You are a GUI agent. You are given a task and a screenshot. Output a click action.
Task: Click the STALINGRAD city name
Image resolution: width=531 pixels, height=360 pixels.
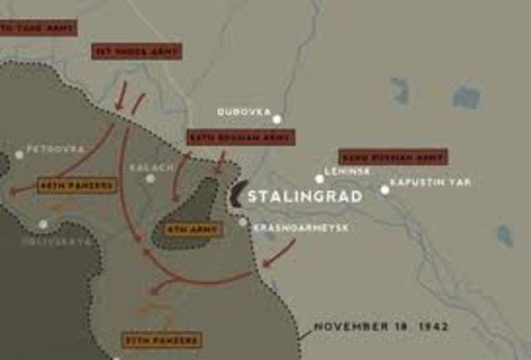coord(304,197)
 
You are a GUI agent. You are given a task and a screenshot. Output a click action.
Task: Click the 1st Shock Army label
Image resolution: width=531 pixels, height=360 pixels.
coord(136,51)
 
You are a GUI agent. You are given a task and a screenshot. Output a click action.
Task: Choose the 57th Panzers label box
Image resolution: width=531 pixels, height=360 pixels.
coord(162,340)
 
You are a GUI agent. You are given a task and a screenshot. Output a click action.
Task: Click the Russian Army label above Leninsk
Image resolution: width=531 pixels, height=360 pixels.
coord(392,156)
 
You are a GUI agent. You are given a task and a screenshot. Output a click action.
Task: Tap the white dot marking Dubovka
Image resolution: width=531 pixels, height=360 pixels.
coord(277,119)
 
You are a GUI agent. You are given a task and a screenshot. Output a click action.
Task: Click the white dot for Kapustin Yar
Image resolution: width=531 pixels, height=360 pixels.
coord(385,190)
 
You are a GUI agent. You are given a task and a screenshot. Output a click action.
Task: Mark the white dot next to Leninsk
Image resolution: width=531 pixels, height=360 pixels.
coord(319,178)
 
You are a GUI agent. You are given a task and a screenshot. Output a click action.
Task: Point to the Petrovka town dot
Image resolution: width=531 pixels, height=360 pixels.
coord(19,154)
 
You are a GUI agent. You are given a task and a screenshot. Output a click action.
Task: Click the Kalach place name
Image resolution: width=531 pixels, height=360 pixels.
coord(152,167)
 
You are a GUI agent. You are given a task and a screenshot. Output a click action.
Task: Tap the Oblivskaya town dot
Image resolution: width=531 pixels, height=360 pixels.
coord(43,224)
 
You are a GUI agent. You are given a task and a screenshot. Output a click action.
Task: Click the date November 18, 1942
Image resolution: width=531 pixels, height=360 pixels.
coord(381,327)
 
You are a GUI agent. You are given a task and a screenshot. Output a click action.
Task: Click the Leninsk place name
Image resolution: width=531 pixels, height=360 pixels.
coord(347,170)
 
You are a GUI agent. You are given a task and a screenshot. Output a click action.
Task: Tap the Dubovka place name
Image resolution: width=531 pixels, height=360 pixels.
coord(241,111)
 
